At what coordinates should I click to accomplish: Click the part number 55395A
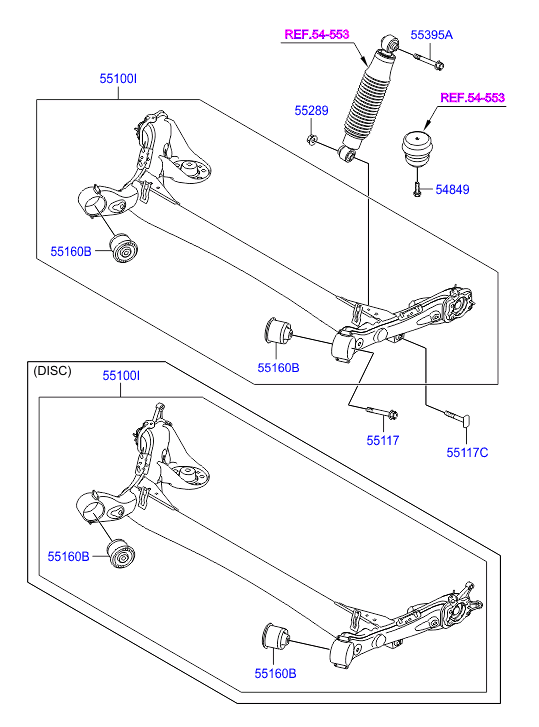pyautogui.click(x=431, y=35)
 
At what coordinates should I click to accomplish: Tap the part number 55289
pyautogui.click(x=311, y=111)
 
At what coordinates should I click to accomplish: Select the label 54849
pyautogui.click(x=452, y=190)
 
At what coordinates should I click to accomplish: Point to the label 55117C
pyautogui.click(x=467, y=453)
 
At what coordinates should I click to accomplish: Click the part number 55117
pyautogui.click(x=383, y=440)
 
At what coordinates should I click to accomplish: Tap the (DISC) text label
pyautogui.click(x=52, y=371)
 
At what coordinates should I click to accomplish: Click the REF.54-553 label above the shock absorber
pyautogui.click(x=317, y=34)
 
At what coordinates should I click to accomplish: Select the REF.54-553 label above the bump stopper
pyautogui.click(x=472, y=98)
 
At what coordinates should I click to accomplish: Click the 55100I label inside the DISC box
pyautogui.click(x=121, y=376)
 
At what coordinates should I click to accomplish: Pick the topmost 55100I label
pyautogui.click(x=118, y=79)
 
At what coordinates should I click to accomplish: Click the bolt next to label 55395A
pyautogui.click(x=429, y=61)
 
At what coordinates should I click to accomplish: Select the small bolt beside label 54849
pyautogui.click(x=416, y=189)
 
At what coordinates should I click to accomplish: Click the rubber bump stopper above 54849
pyautogui.click(x=417, y=148)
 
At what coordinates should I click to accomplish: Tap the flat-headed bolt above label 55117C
pyautogui.click(x=458, y=417)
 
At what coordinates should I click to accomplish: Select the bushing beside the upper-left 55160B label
pyautogui.click(x=124, y=249)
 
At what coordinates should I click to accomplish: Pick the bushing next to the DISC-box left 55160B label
pyautogui.click(x=121, y=553)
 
